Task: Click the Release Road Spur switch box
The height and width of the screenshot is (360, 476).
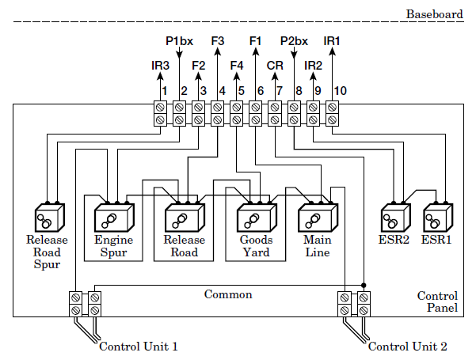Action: click(48, 217)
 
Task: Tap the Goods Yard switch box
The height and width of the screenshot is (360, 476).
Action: click(254, 217)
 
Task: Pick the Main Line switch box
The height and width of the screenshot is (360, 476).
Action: click(317, 217)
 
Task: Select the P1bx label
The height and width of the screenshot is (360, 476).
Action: click(179, 40)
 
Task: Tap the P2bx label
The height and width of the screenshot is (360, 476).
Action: click(294, 40)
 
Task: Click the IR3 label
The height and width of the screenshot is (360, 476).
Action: click(160, 66)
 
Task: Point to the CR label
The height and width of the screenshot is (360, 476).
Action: click(275, 66)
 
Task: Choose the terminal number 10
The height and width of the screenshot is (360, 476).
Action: click(340, 91)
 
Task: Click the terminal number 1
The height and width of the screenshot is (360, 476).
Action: click(164, 91)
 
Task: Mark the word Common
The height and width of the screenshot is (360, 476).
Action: click(228, 294)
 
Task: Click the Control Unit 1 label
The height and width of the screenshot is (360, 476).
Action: click(138, 347)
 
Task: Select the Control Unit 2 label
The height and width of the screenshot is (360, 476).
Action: click(408, 347)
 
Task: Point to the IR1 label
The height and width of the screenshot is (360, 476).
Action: click(332, 40)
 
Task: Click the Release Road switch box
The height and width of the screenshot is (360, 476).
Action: click(184, 217)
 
